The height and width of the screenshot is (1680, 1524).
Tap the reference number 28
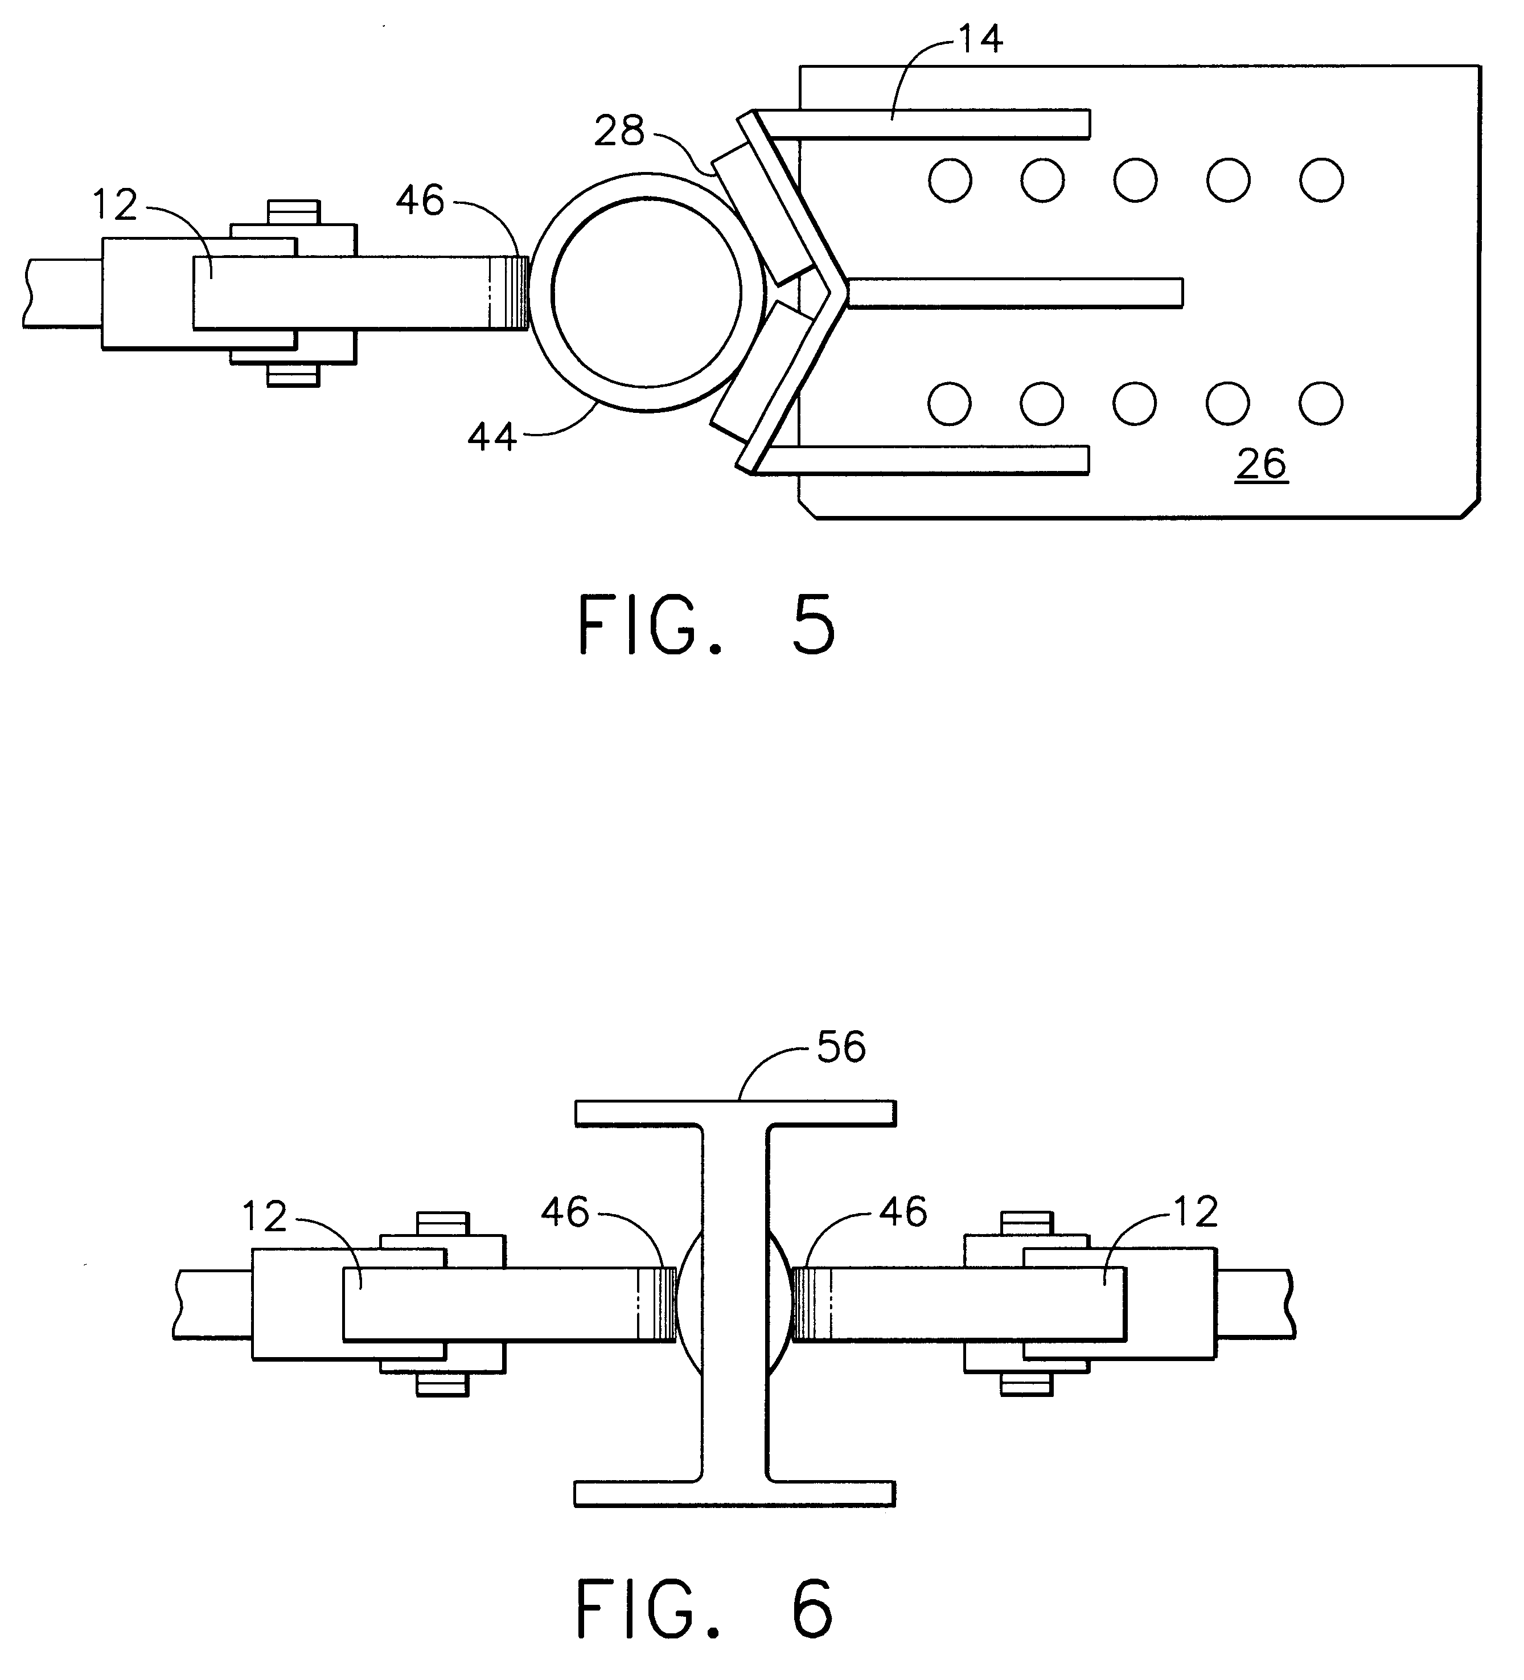[x=619, y=132]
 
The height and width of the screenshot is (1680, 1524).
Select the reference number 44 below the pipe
[x=492, y=437]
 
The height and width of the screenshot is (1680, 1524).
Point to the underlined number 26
[x=1262, y=464]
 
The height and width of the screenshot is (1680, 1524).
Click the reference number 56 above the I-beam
[x=841, y=1047]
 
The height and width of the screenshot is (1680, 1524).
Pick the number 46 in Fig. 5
[x=420, y=201]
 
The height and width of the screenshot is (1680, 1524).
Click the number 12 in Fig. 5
[x=115, y=205]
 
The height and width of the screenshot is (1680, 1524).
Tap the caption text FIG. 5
[x=706, y=625]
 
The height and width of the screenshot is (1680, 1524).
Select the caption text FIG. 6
[x=705, y=1608]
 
